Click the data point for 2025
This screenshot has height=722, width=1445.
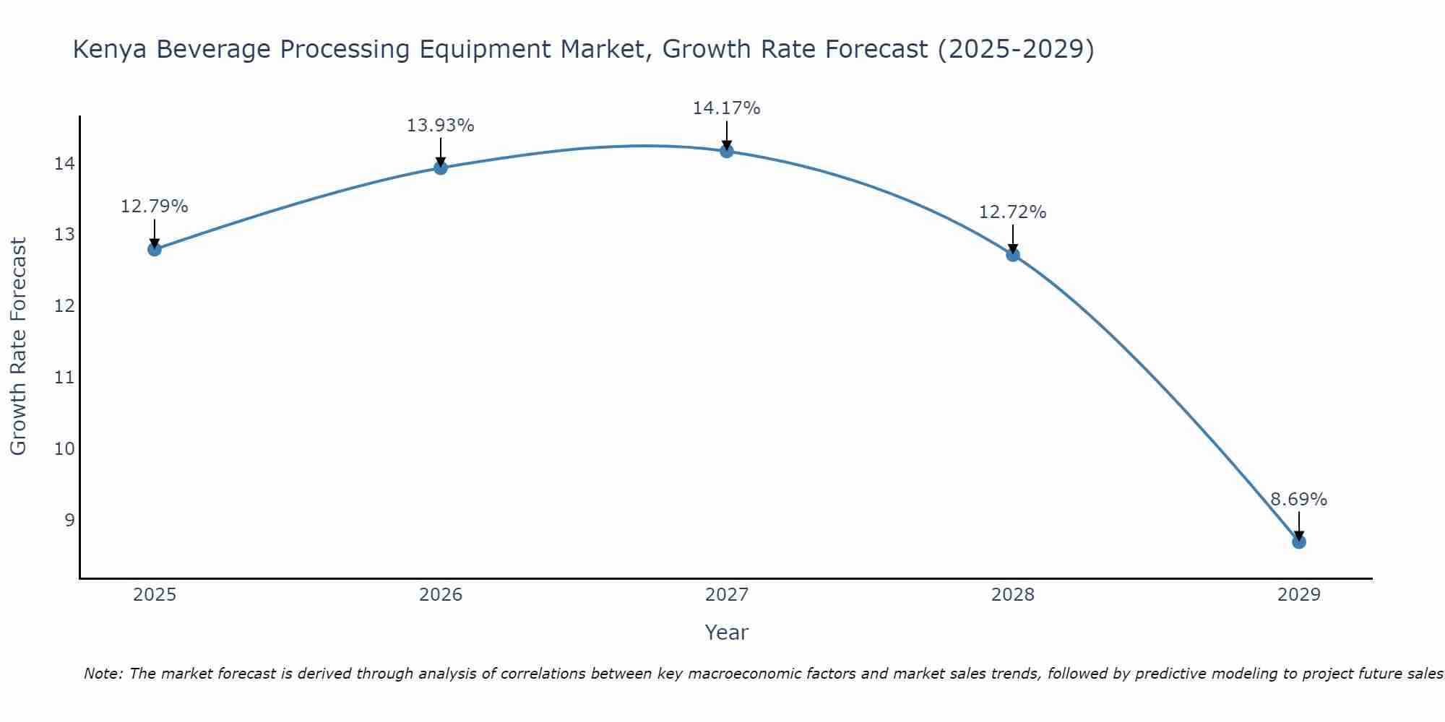pos(155,249)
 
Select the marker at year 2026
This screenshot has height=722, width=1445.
pos(441,168)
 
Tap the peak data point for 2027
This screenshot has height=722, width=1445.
pos(727,151)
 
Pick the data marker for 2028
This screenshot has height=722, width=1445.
pos(1013,254)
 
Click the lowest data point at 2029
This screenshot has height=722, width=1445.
pos(1299,541)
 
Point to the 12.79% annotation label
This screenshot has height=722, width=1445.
pos(154,206)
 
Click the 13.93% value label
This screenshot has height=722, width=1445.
pos(440,126)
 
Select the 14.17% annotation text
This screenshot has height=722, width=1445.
pos(726,108)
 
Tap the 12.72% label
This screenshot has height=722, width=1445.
pos(1012,212)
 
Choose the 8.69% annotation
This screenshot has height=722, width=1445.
pos(1298,500)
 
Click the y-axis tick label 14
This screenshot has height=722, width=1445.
pos(64,164)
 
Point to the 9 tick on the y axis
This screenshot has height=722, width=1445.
pos(69,520)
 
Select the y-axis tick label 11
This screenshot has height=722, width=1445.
pos(64,378)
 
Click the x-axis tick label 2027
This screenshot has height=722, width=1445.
pos(727,595)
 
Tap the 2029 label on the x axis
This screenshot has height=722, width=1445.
pos(1299,595)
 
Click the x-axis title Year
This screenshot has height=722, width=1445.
pos(726,632)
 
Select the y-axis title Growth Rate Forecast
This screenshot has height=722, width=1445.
pos(18,347)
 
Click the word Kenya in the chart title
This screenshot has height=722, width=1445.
pos(111,49)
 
